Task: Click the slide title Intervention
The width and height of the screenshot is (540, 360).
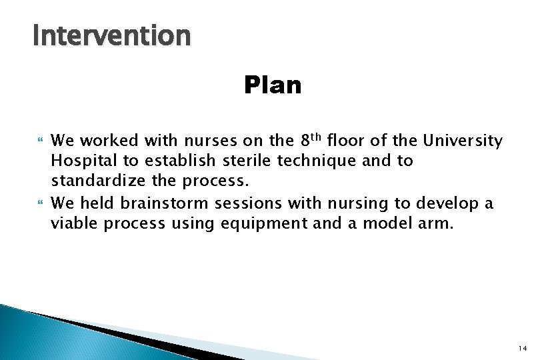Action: tap(112, 35)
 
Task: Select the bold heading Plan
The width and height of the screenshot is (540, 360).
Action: tap(273, 85)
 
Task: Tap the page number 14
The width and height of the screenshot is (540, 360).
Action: tap(521, 348)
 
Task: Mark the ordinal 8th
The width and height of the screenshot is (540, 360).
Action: tap(311, 140)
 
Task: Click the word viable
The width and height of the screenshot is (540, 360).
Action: tap(75, 223)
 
